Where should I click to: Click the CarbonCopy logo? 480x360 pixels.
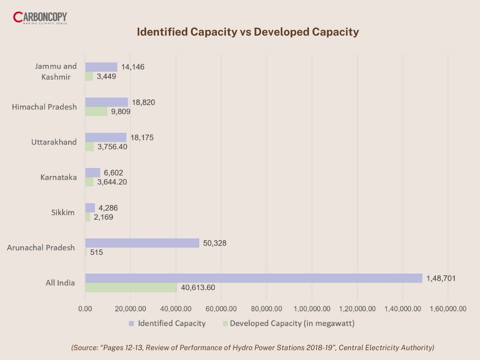[40, 19]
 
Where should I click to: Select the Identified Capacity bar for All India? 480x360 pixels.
[253, 278]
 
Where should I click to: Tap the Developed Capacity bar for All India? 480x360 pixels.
[131, 287]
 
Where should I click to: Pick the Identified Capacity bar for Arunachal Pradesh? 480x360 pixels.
[142, 243]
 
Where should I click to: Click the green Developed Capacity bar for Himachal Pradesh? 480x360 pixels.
[96, 112]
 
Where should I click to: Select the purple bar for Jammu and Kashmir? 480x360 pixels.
[101, 67]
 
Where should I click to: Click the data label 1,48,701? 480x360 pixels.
[441, 278]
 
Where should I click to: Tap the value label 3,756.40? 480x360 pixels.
[112, 147]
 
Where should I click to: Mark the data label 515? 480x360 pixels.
[97, 252]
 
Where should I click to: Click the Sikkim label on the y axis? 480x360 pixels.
[63, 212]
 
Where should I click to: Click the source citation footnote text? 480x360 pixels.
[253, 347]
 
